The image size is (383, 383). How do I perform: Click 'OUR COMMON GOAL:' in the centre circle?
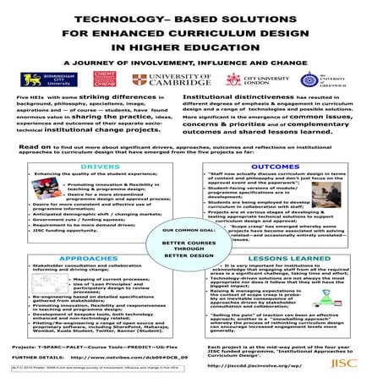coord(192,229)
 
